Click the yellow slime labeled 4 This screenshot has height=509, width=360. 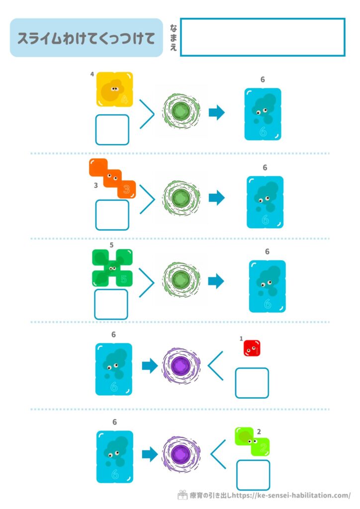tap(114, 89)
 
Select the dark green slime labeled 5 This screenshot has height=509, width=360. tap(112, 268)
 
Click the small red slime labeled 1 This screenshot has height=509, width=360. tap(252, 348)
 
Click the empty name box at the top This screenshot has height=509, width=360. tap(263, 37)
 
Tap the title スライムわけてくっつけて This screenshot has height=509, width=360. tap(87, 38)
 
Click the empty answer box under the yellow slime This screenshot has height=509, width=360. tap(112, 130)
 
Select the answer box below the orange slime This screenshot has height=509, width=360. tap(112, 215)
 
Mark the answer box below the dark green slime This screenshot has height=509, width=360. tap(111, 304)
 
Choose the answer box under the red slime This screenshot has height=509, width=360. tap(252, 383)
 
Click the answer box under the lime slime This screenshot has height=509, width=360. tap(253, 475)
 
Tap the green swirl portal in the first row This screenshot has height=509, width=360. tap(182, 111)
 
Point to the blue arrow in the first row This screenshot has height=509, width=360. tap(216, 112)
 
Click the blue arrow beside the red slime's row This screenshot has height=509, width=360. tap(149, 366)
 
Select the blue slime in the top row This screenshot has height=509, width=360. tap(263, 114)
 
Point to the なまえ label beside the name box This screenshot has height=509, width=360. tap(173, 37)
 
